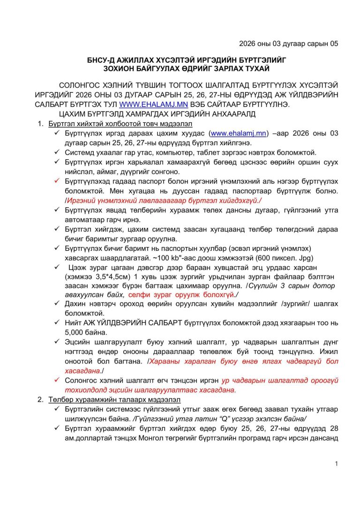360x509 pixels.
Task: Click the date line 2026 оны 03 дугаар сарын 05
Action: (288, 44)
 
